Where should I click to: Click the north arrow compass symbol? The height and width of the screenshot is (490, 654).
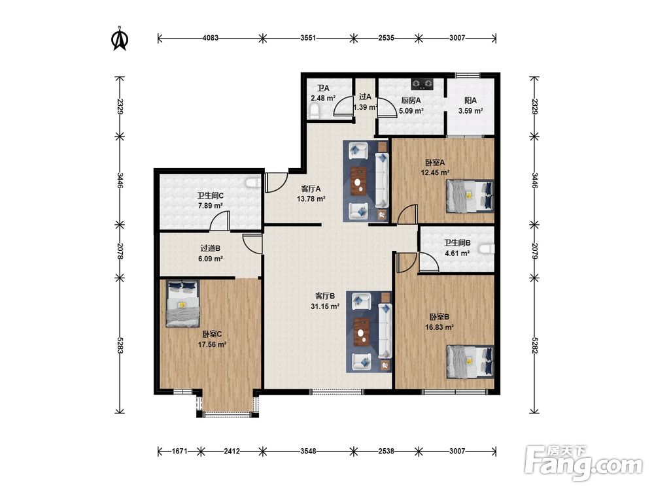[120, 39]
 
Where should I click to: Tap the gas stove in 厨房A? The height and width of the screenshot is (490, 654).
[422, 84]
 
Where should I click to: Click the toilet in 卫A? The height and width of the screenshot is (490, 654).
[315, 112]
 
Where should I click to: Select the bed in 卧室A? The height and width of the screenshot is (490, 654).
[470, 196]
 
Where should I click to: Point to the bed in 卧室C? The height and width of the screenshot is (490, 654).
[183, 303]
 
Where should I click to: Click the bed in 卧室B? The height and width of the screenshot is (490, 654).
[470, 361]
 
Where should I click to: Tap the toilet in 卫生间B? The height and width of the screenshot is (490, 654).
[487, 249]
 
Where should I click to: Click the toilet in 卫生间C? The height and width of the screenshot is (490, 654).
[254, 184]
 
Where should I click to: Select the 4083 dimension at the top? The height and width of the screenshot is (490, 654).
[210, 38]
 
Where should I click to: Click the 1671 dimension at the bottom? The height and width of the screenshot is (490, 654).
[179, 451]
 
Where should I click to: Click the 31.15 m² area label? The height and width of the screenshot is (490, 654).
[324, 306]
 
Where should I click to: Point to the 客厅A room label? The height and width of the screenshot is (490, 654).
[311, 188]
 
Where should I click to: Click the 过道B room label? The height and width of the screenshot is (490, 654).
[210, 248]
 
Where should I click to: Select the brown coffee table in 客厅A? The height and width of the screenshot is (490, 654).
[358, 181]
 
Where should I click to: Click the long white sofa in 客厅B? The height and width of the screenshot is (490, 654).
[385, 331]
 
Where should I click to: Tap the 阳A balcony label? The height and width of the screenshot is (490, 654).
[470, 101]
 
